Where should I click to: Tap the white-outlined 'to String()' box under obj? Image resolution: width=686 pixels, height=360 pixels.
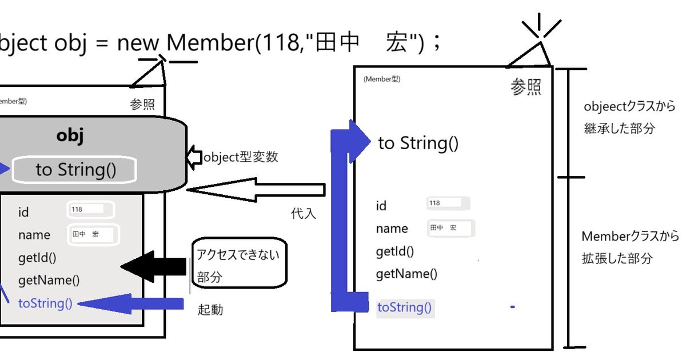[x=75, y=170]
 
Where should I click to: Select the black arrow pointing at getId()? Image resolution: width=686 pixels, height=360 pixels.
[x=153, y=267]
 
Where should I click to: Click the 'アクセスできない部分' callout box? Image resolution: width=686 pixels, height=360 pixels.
[x=239, y=262]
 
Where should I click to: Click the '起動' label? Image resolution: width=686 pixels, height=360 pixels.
[x=210, y=310]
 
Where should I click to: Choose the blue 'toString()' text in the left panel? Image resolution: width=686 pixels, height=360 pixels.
[x=45, y=303]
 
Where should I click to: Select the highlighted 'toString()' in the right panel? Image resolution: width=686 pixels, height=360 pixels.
[x=405, y=307]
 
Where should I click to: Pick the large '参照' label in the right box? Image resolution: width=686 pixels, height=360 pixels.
[x=526, y=87]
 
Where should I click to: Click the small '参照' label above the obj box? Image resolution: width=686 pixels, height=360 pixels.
[x=142, y=106]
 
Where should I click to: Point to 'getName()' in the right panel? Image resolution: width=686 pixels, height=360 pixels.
[x=406, y=274]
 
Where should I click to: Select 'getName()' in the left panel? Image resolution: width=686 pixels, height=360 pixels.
[x=49, y=280]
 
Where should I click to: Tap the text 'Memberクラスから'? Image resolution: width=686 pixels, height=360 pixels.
[x=630, y=237]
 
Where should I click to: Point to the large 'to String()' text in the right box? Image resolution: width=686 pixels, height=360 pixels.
[x=418, y=143]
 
